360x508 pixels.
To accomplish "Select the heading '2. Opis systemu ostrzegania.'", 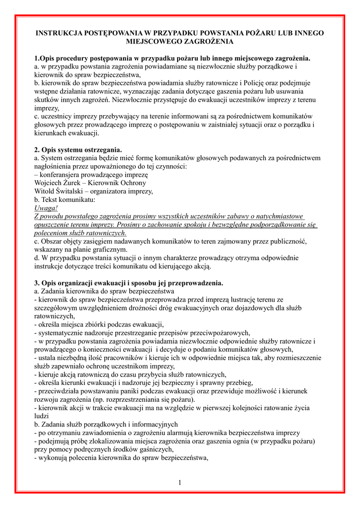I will (78, 150).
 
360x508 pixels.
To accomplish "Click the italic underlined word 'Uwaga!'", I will (46, 208).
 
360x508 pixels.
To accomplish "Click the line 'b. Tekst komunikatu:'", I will (65, 200).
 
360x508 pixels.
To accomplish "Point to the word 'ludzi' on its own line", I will (42, 417).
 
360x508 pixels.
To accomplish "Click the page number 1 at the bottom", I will (180, 483).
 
